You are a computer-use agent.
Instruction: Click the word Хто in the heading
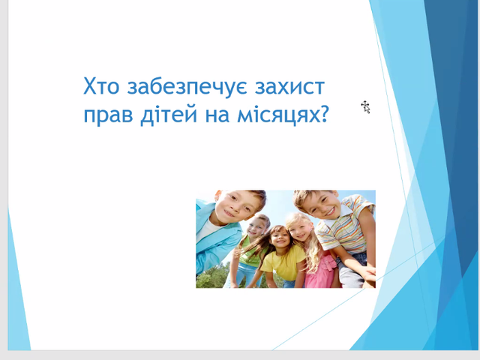[x=101, y=86]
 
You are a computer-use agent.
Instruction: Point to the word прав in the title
[x=108, y=116]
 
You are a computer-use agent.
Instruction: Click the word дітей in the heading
[x=169, y=115]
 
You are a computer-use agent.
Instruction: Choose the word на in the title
[x=217, y=115]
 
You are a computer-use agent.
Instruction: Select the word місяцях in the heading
[x=278, y=115]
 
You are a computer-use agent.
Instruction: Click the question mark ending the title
[x=323, y=114]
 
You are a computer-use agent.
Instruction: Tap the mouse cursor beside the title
[x=365, y=107]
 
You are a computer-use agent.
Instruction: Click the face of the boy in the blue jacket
[x=233, y=207]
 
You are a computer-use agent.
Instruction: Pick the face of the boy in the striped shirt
[x=321, y=205]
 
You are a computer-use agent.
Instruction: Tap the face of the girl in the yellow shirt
[x=280, y=239]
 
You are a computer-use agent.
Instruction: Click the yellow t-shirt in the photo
[x=283, y=262]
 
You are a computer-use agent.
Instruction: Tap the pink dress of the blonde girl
[x=321, y=271]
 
